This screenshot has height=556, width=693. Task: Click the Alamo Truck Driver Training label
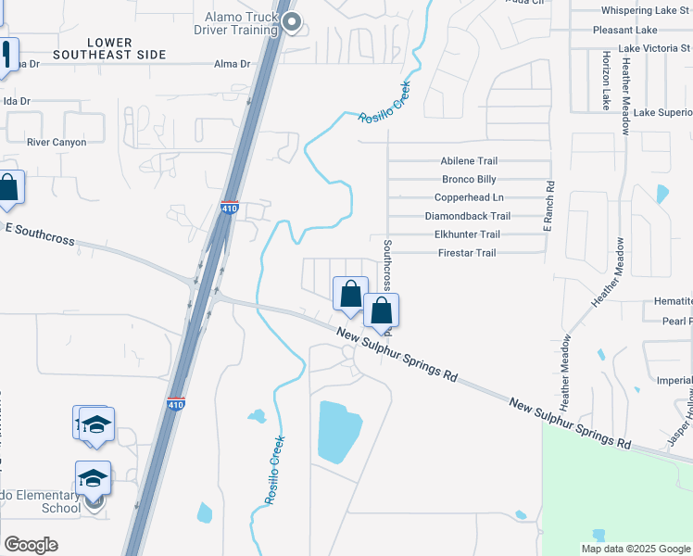tap(241, 23)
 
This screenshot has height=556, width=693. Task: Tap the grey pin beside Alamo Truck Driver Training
tap(293, 22)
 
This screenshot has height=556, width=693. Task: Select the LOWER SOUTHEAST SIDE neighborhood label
tap(109, 49)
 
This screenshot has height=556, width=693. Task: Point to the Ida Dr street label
tap(17, 101)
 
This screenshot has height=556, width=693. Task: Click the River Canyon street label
tap(57, 143)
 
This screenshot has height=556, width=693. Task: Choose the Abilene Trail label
tap(469, 160)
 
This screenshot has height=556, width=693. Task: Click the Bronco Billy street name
tap(469, 179)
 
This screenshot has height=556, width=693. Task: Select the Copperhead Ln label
tap(469, 197)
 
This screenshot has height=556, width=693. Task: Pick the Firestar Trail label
tap(467, 253)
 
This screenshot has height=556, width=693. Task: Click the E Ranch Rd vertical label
tap(548, 206)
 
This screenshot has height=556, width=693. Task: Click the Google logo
tap(31, 545)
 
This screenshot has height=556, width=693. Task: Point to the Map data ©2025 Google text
tap(636, 549)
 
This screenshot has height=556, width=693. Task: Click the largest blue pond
tap(340, 432)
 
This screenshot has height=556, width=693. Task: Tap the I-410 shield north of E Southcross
tap(230, 208)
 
